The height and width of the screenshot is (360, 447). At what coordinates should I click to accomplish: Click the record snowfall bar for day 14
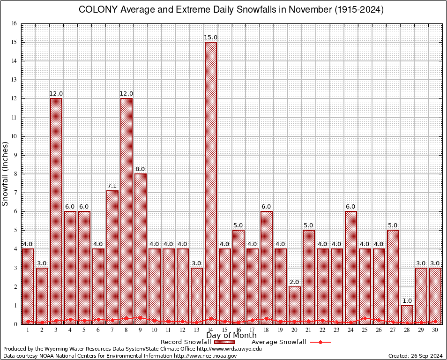tap(210, 183)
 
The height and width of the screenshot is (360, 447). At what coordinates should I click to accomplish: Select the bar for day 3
tap(56, 211)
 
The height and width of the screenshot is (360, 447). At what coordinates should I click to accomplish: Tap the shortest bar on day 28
tap(407, 315)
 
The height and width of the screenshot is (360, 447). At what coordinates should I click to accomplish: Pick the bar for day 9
tap(140, 248)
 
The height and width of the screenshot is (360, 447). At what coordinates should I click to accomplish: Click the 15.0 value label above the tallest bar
tap(210, 37)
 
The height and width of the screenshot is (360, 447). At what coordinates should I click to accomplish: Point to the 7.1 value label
tap(112, 186)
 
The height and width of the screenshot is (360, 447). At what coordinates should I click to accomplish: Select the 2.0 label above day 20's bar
tap(294, 282)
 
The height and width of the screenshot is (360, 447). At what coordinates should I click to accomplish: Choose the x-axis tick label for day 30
tap(435, 330)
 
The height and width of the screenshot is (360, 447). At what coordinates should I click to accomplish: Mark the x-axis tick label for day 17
tap(253, 330)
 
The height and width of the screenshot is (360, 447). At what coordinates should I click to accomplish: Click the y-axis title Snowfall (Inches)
tap(6, 173)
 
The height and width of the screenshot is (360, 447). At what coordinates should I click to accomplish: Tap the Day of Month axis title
tap(231, 336)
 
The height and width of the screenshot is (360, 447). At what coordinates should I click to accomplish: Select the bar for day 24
tap(350, 267)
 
